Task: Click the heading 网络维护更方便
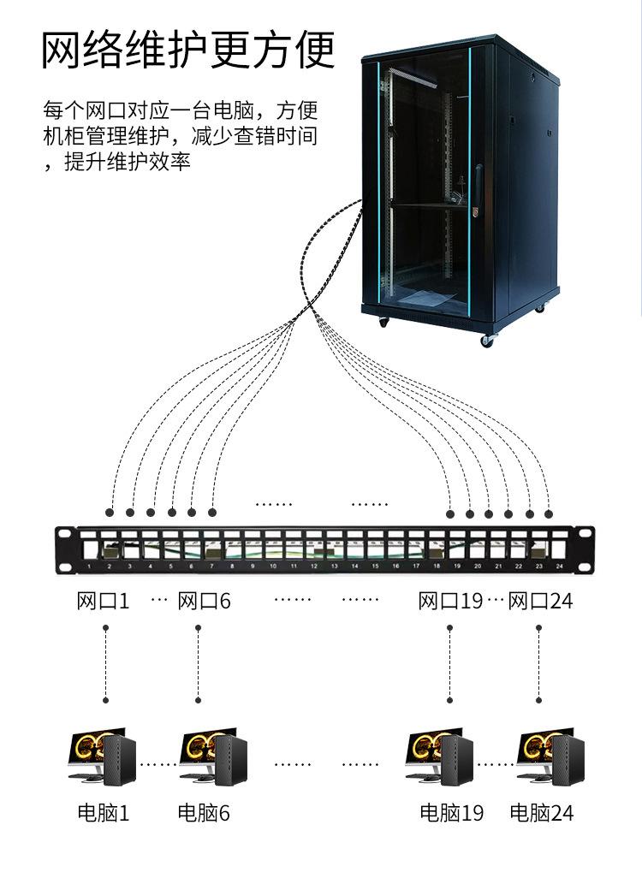click(188, 50)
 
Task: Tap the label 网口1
click(103, 601)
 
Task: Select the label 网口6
click(204, 601)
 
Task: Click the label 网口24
click(540, 601)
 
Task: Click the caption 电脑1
click(104, 812)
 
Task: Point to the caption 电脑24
click(542, 812)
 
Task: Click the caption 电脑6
click(204, 812)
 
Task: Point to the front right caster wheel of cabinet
click(488, 340)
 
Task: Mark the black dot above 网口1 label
click(110, 513)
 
